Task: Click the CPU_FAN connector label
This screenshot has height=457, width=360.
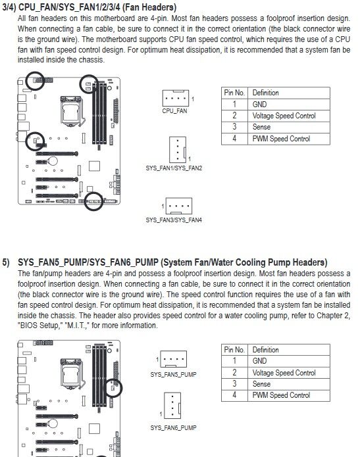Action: click(174, 110)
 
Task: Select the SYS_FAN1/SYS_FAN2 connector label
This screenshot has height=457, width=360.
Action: click(174, 168)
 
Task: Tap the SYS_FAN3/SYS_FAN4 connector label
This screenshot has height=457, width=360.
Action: click(174, 220)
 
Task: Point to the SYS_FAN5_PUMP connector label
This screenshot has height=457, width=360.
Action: click(173, 375)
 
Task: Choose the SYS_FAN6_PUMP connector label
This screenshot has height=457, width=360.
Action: click(173, 428)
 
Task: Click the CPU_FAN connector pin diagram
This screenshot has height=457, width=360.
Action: click(176, 98)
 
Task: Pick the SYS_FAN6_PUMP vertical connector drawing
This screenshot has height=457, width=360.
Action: click(172, 406)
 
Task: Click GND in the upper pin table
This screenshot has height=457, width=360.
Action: click(259, 105)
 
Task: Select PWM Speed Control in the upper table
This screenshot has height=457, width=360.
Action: click(281, 139)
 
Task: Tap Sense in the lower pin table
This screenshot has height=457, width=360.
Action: click(261, 384)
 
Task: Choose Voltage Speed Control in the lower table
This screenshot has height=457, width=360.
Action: click(284, 373)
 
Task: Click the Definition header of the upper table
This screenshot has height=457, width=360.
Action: click(265, 93)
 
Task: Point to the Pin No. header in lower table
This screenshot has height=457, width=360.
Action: click(234, 350)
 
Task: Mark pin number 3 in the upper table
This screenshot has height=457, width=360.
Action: click(234, 127)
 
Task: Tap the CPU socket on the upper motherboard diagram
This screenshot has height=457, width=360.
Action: click(72, 110)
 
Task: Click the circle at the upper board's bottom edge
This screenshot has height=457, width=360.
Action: click(93, 201)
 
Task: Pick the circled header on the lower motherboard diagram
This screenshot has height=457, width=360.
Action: click(113, 388)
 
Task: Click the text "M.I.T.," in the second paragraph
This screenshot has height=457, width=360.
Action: click(76, 325)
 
